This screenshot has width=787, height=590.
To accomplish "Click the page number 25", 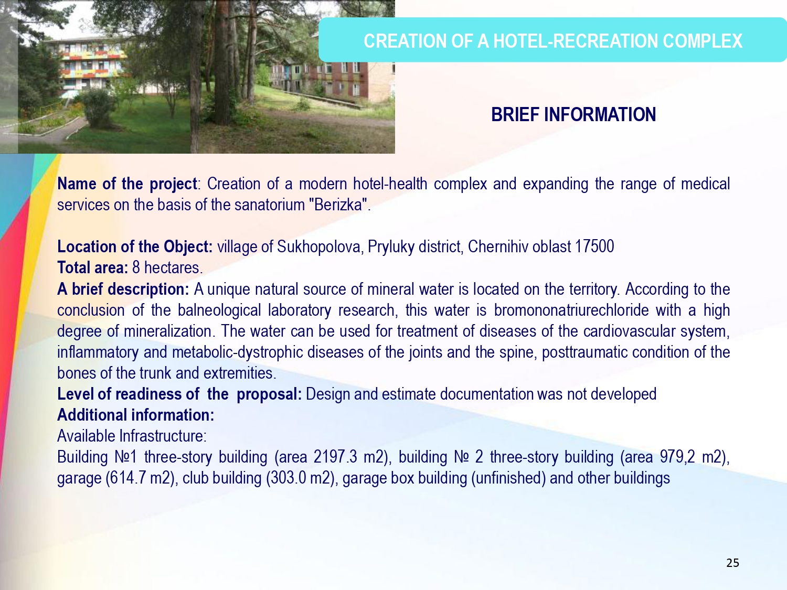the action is (x=732, y=563).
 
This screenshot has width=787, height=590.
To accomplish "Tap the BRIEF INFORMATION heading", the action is (x=573, y=115).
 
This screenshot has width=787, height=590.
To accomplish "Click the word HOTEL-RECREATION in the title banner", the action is (x=576, y=41).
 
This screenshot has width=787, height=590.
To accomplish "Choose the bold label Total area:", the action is (x=92, y=267).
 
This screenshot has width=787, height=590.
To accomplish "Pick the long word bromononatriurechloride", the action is (x=571, y=310).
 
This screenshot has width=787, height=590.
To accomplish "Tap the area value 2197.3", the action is (x=335, y=457).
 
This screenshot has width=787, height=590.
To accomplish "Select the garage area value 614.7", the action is (x=127, y=478).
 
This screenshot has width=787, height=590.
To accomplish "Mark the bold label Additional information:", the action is (x=135, y=415).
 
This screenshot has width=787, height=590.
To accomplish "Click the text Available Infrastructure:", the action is (x=132, y=436).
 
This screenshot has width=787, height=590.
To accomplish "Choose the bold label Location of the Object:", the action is (x=135, y=247).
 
